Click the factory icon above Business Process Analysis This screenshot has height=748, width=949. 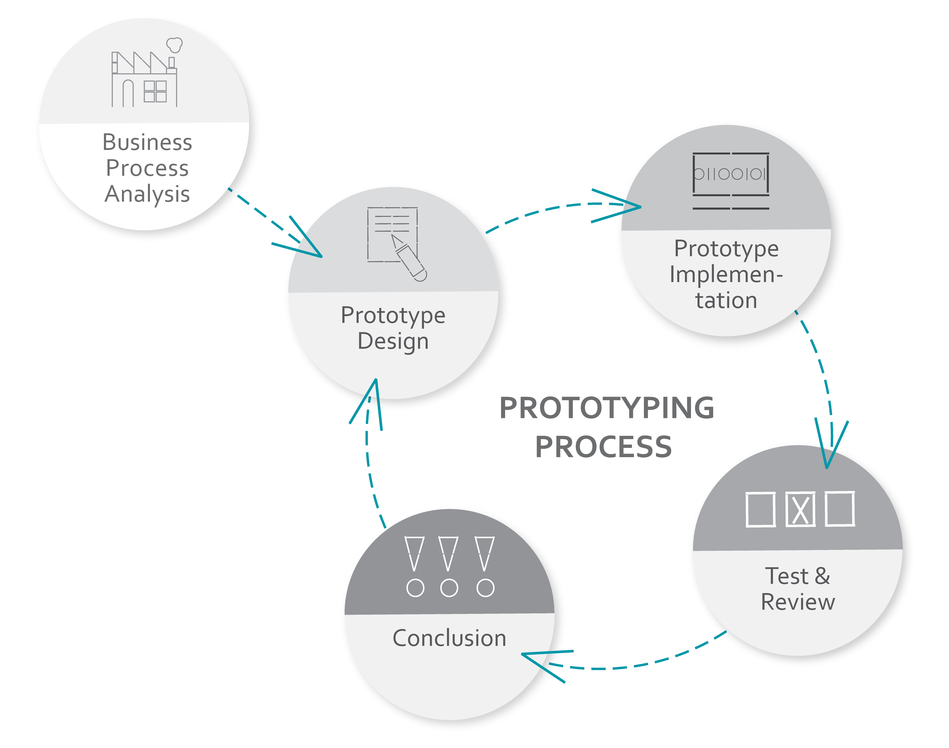pos(144,72)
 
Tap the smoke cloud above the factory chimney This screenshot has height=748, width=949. pos(174,45)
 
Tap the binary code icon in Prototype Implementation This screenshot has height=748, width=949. pos(730,181)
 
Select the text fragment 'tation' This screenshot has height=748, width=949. pos(726,300)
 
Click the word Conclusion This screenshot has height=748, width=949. pos(449,638)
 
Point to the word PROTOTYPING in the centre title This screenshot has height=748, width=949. pos(607,408)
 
